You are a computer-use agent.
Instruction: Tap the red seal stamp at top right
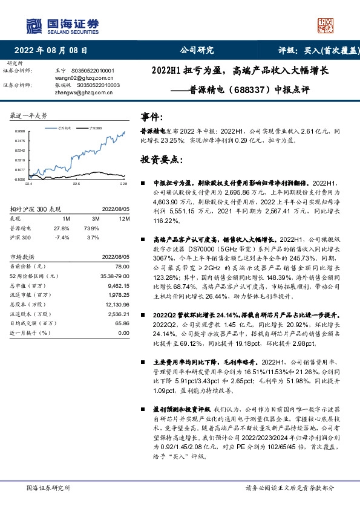326,25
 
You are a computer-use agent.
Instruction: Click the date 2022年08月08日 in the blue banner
54,51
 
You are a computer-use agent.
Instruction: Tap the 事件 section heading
151,117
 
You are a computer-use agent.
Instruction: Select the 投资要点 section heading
160,160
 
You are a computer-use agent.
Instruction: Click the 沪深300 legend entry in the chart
94,129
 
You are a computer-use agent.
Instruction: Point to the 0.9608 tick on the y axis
20,131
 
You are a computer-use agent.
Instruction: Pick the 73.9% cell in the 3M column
92,228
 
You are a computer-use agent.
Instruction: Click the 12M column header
125,218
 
